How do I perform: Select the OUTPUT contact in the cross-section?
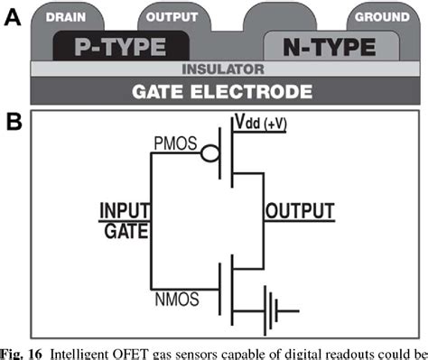172,17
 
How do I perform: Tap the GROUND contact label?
382,17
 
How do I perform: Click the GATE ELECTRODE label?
222,90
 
